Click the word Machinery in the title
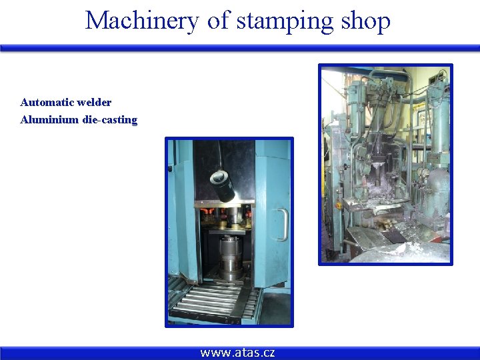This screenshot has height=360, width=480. click(x=142, y=21)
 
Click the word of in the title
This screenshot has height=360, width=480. click(x=218, y=21)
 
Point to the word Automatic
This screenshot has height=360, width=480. click(x=47, y=103)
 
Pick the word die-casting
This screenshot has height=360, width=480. click(x=110, y=120)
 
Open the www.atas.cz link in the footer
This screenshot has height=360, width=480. click(x=237, y=353)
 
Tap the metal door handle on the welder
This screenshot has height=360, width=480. click(x=283, y=224)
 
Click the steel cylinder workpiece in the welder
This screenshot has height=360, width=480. click(x=231, y=257)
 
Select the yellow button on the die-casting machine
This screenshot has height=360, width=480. click(x=337, y=205)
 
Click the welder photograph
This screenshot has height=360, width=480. click(x=229, y=232)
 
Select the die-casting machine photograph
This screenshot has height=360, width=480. click(x=385, y=164)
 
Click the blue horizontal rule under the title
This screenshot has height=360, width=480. click(x=240, y=48)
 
